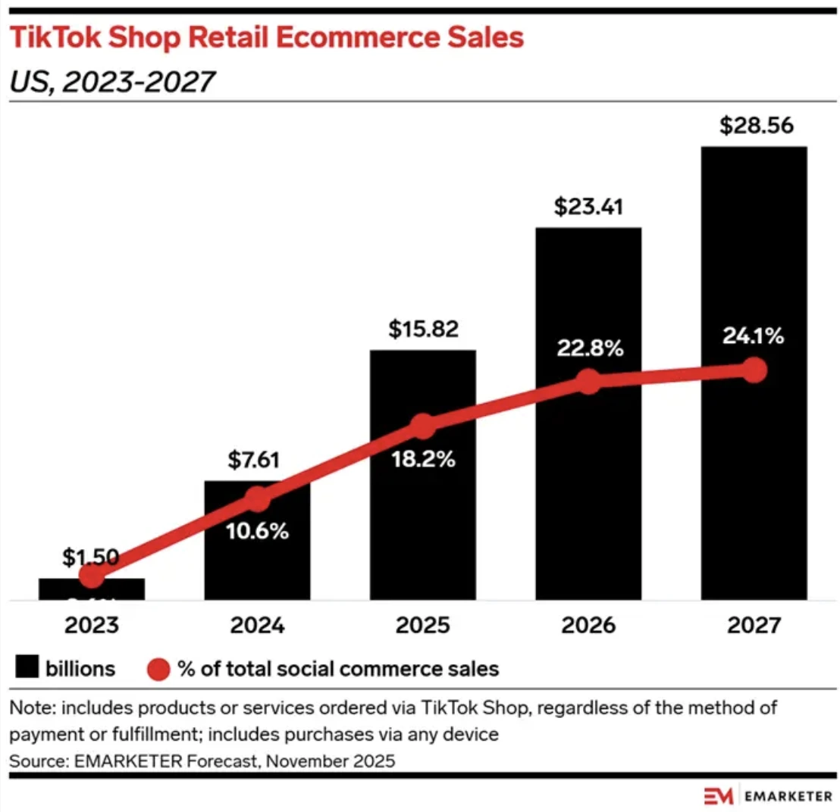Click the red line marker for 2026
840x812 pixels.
[588, 382]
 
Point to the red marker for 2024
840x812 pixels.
[257, 499]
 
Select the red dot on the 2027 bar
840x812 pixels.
[754, 370]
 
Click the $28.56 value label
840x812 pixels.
[754, 125]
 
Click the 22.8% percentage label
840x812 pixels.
[588, 348]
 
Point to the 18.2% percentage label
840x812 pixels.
[422, 459]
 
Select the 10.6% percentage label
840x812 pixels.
[257, 531]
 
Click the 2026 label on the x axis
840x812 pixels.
[588, 625]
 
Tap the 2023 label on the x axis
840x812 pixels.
[91, 625]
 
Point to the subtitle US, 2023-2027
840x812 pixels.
[109, 80]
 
